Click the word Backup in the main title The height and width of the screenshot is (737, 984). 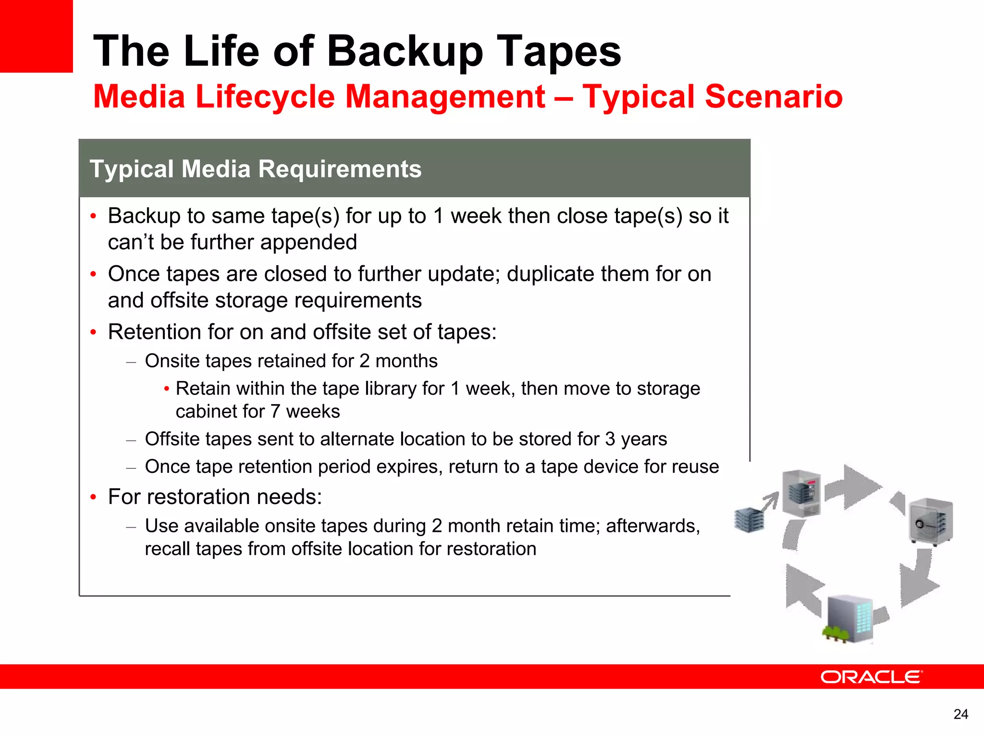point(405,52)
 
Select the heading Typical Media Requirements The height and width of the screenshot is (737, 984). point(255,169)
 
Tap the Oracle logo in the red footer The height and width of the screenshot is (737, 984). point(871,677)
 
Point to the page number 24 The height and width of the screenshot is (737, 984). point(960,714)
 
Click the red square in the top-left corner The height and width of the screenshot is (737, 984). point(36,36)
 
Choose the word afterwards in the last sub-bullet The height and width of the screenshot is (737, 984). point(652,526)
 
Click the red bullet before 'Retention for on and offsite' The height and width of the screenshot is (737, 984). point(93,332)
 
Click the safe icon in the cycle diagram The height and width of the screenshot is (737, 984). point(931,522)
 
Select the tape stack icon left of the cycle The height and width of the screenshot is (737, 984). point(749,520)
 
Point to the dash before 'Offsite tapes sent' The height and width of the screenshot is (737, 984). point(131,440)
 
